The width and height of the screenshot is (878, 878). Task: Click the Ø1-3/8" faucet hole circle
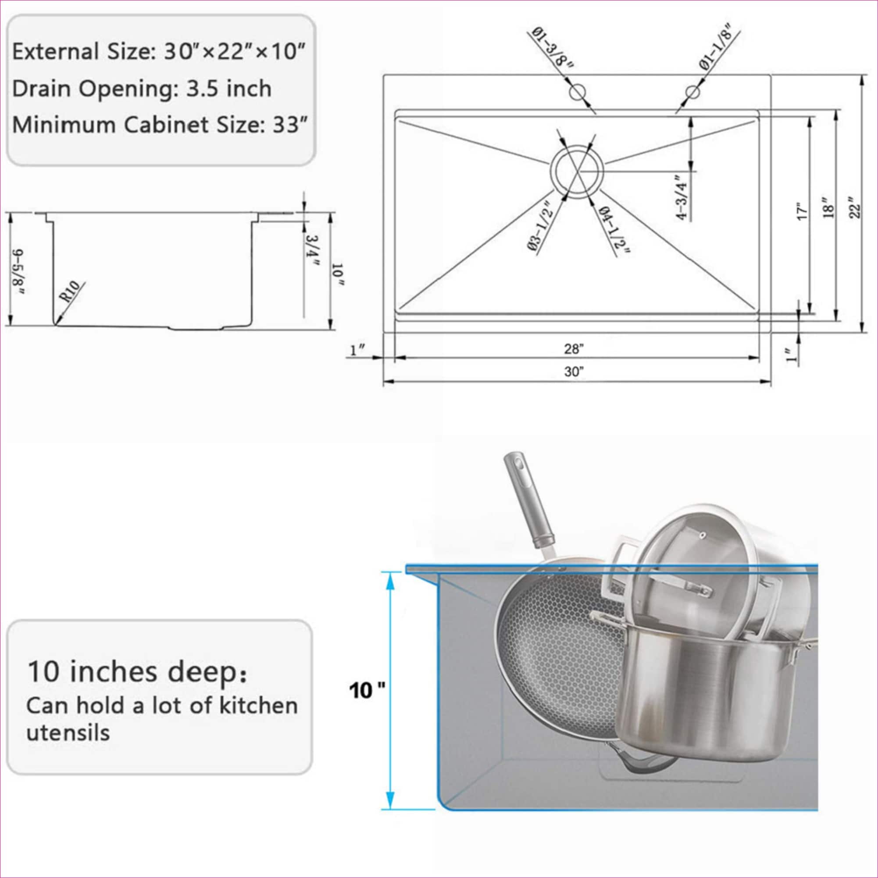click(577, 93)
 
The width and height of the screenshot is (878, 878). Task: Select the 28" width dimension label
click(574, 349)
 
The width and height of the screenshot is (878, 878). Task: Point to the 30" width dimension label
click(574, 372)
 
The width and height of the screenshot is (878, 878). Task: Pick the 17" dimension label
click(803, 211)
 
